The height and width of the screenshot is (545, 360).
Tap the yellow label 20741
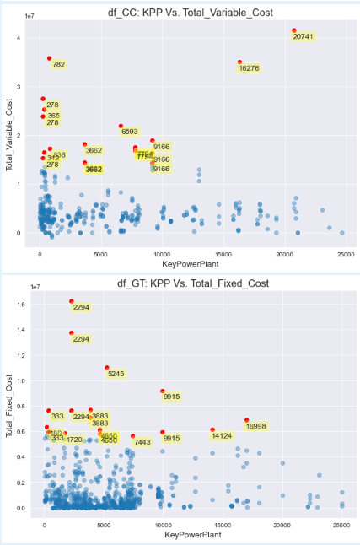tap(304, 36)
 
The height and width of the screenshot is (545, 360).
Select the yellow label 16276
tap(249, 68)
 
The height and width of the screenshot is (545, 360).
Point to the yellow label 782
tap(59, 64)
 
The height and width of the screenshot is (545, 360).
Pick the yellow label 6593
tap(130, 132)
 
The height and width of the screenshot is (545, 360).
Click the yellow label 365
tap(53, 116)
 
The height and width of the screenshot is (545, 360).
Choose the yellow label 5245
tap(116, 374)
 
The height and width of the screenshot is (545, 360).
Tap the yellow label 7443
tap(142, 442)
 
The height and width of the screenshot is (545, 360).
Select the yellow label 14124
tap(222, 436)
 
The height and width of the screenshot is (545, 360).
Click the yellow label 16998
tap(256, 427)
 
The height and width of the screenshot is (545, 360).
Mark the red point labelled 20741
tap(294, 30)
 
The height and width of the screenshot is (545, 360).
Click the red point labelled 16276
tap(239, 62)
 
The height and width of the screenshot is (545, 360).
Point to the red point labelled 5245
tap(107, 368)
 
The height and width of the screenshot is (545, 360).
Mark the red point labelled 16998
tap(247, 420)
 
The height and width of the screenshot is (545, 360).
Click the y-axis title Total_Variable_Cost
tap(9, 134)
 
